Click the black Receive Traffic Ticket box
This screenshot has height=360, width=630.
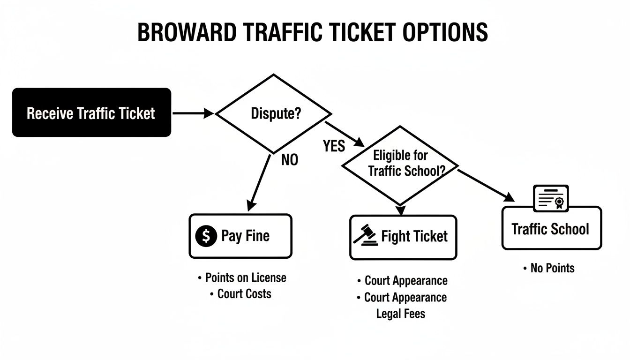click(91, 113)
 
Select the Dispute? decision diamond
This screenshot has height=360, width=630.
click(273, 113)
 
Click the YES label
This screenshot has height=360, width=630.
click(334, 146)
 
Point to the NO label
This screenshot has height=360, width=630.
click(289, 160)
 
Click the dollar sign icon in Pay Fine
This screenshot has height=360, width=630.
click(206, 236)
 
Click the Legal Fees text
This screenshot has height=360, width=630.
click(401, 314)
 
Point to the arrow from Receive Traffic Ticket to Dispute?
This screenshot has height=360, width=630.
click(192, 113)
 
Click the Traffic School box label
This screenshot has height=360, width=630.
click(550, 229)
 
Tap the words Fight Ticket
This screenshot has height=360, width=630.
click(414, 236)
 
